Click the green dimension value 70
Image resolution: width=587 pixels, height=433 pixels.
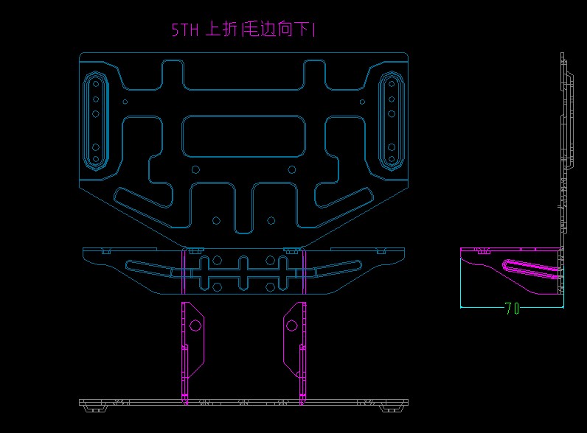click(x=512, y=309)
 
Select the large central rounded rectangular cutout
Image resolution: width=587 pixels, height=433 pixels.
click(x=243, y=136)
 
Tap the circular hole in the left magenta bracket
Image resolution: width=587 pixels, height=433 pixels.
click(x=195, y=325)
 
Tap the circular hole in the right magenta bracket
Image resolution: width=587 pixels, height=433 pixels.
click(x=292, y=325)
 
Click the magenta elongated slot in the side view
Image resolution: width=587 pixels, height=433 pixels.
click(x=532, y=269)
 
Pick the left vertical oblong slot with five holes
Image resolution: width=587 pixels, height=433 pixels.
click(x=96, y=121)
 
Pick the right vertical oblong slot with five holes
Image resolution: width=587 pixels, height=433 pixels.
click(x=392, y=121)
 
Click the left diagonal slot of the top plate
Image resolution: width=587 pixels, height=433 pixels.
click(x=143, y=197)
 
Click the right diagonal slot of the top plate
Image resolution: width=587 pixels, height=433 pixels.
click(x=344, y=197)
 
